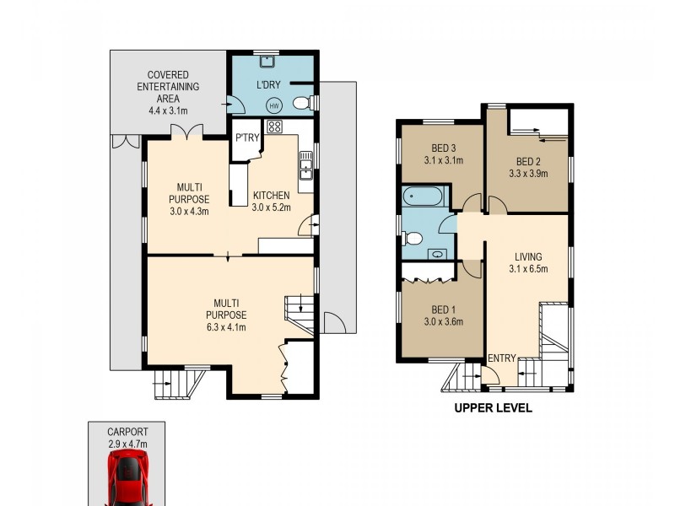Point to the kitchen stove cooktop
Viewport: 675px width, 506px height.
[274, 127]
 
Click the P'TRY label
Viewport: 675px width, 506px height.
[246, 138]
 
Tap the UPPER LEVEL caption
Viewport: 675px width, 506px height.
[493, 408]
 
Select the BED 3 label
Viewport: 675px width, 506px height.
[443, 146]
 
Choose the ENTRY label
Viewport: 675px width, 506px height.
[501, 358]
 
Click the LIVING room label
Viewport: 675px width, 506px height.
[528, 257]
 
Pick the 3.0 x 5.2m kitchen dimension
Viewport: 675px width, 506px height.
[272, 207]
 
